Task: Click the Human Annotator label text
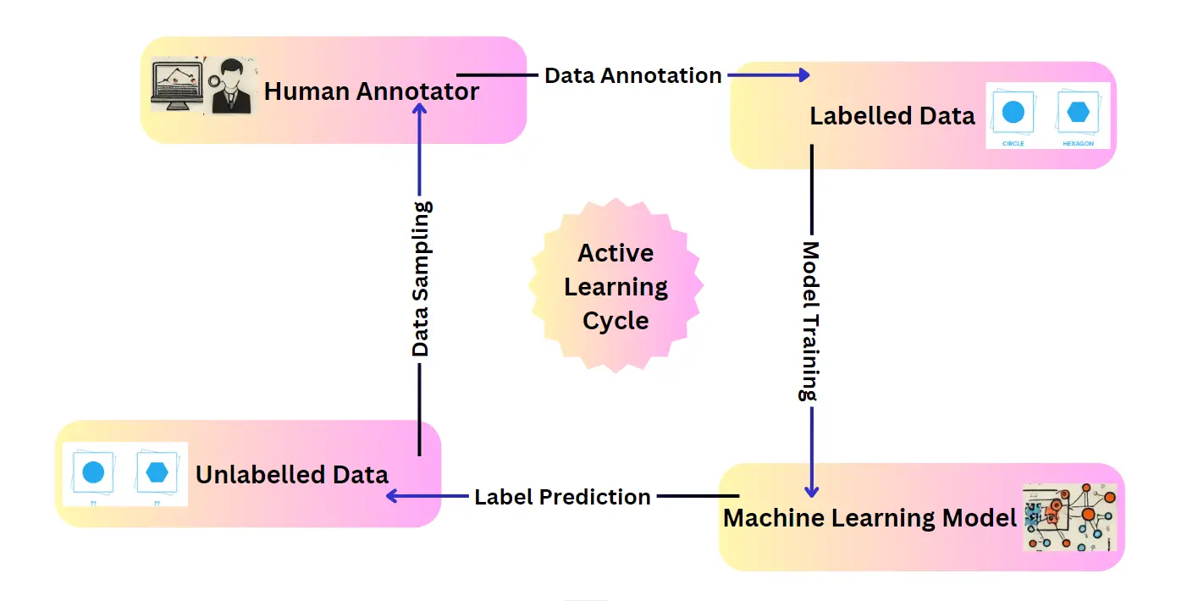pyautogui.click(x=372, y=91)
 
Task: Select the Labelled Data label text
pyautogui.click(x=892, y=116)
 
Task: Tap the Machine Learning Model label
pyautogui.click(x=870, y=517)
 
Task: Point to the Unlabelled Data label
pyautogui.click(x=292, y=474)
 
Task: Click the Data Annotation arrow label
pyautogui.click(x=632, y=75)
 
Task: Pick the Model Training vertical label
pyautogui.click(x=811, y=322)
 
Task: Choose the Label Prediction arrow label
pyautogui.click(x=562, y=496)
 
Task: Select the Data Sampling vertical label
pyautogui.click(x=421, y=278)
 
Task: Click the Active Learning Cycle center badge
pyautogui.click(x=616, y=287)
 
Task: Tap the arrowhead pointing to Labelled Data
pyautogui.click(x=804, y=75)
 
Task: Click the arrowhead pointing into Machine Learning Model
pyautogui.click(x=811, y=491)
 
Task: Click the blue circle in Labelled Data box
pyautogui.click(x=1013, y=112)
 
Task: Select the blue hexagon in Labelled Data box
pyautogui.click(x=1078, y=112)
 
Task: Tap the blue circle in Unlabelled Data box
pyautogui.click(x=93, y=472)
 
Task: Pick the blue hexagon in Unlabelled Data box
pyautogui.click(x=157, y=472)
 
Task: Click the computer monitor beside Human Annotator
pyautogui.click(x=176, y=85)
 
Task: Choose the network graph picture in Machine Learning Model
pyautogui.click(x=1069, y=517)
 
